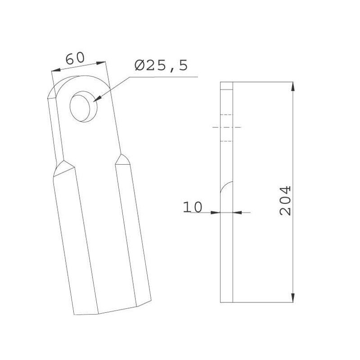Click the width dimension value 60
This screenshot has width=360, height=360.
click(x=75, y=58)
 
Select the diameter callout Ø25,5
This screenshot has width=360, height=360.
click(x=161, y=65)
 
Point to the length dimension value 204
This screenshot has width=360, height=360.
click(x=285, y=201)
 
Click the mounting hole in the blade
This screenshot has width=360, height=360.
click(x=84, y=107)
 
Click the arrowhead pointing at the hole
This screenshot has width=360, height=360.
click(x=97, y=99)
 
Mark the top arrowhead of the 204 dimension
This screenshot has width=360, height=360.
click(x=293, y=87)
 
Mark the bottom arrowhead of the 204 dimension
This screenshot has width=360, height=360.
click(x=293, y=297)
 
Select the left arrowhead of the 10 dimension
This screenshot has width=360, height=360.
click(x=216, y=212)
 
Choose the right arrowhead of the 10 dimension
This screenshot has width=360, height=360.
click(x=238, y=212)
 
